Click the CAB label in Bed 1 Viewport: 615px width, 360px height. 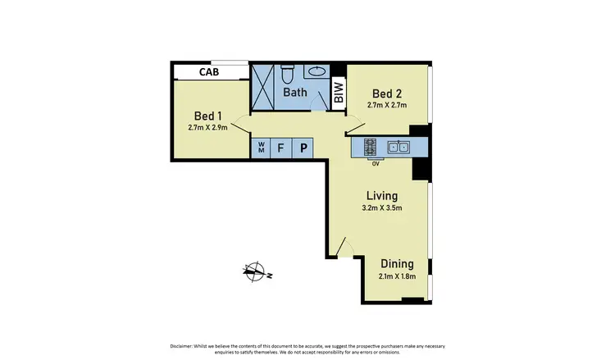pos(208,72)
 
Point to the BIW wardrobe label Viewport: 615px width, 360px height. pos(339,92)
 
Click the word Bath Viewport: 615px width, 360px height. pos(294,92)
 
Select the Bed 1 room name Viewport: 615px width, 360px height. pos(207,115)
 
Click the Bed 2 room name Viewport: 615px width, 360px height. pos(386,92)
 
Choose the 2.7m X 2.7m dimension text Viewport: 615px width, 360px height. pos(386,105)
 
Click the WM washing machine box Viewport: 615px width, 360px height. pos(262,148)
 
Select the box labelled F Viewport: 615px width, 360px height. pos(281,148)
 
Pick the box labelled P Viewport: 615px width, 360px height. pos(303,148)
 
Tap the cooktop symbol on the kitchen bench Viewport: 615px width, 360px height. pos(370,148)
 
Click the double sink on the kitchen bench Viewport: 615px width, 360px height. pos(399,148)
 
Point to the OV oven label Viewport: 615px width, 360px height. pos(376,163)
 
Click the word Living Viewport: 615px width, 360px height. pos(382,196)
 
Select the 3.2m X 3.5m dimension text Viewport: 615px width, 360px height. pos(382,208)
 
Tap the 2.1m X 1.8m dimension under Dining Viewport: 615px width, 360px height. pos(397,276)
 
